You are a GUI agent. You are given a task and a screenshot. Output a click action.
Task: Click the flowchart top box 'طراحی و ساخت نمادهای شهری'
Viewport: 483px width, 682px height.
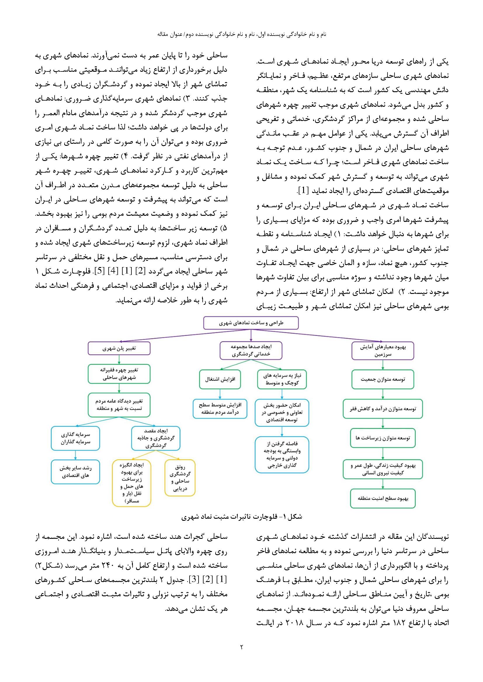pyautogui.click(x=251, y=323)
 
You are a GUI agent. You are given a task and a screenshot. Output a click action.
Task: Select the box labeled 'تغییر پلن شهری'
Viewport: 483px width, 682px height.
pyautogui.click(x=119, y=348)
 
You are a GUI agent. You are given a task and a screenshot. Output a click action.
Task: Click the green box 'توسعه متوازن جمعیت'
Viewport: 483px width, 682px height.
pyautogui.click(x=383, y=379)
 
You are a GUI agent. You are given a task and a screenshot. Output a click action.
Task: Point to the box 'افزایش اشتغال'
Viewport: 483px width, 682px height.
pyautogui.click(x=220, y=379)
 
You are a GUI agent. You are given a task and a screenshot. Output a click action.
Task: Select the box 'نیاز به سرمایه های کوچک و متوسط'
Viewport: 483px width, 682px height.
pyautogui.click(x=281, y=379)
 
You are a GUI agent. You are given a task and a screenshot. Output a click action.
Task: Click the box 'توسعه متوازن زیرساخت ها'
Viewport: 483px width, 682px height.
pyautogui.click(x=383, y=438)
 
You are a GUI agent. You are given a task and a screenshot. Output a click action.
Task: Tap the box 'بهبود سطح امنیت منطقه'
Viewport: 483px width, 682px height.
pyautogui.click(x=383, y=498)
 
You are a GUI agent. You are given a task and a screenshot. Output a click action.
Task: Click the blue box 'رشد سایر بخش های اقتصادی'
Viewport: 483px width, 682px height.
pyautogui.click(x=75, y=472)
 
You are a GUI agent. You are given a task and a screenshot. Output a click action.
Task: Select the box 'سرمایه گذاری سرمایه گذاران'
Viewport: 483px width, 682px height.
pyautogui.click(x=75, y=438)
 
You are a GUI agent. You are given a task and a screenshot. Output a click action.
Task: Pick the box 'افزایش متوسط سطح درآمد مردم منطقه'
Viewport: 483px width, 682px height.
pyautogui.click(x=220, y=409)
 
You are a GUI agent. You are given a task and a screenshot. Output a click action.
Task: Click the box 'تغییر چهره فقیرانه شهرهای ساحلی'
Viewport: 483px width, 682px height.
pyautogui.click(x=119, y=374)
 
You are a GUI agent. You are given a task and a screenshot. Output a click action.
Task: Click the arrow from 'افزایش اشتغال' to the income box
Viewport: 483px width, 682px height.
pyautogui.click(x=220, y=394)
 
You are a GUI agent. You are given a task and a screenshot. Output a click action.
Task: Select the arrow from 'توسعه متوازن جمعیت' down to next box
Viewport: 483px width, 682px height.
pyautogui.click(x=383, y=394)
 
